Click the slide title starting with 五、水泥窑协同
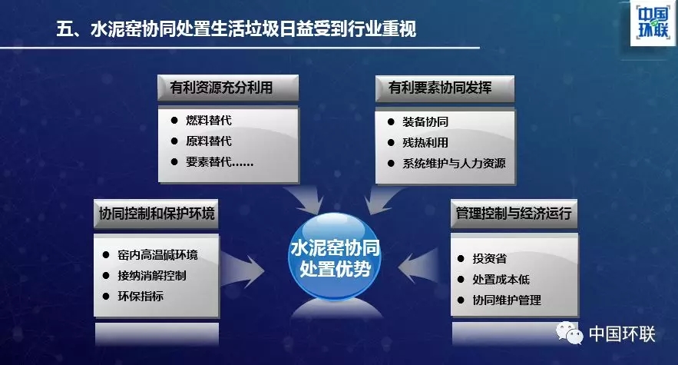tap(236, 29)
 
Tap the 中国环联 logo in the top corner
tap(653, 23)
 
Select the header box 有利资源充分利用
tap(228, 88)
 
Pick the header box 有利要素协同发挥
tap(445, 88)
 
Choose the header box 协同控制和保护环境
tap(156, 214)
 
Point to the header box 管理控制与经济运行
tap(514, 214)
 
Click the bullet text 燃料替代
tap(209, 120)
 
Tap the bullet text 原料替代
tap(209, 141)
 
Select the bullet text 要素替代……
tap(220, 161)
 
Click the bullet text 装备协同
tap(425, 121)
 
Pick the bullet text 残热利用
tap(425, 142)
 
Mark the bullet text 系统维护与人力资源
tap(454, 163)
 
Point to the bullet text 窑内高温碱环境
tap(158, 254)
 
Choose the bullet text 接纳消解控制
tap(152, 275)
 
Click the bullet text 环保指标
tap(141, 296)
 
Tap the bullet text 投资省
tap(489, 258)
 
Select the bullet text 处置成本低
tap(501, 279)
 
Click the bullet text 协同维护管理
tap(507, 300)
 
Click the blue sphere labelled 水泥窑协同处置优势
tap(335, 257)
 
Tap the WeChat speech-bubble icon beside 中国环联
tap(570, 333)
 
